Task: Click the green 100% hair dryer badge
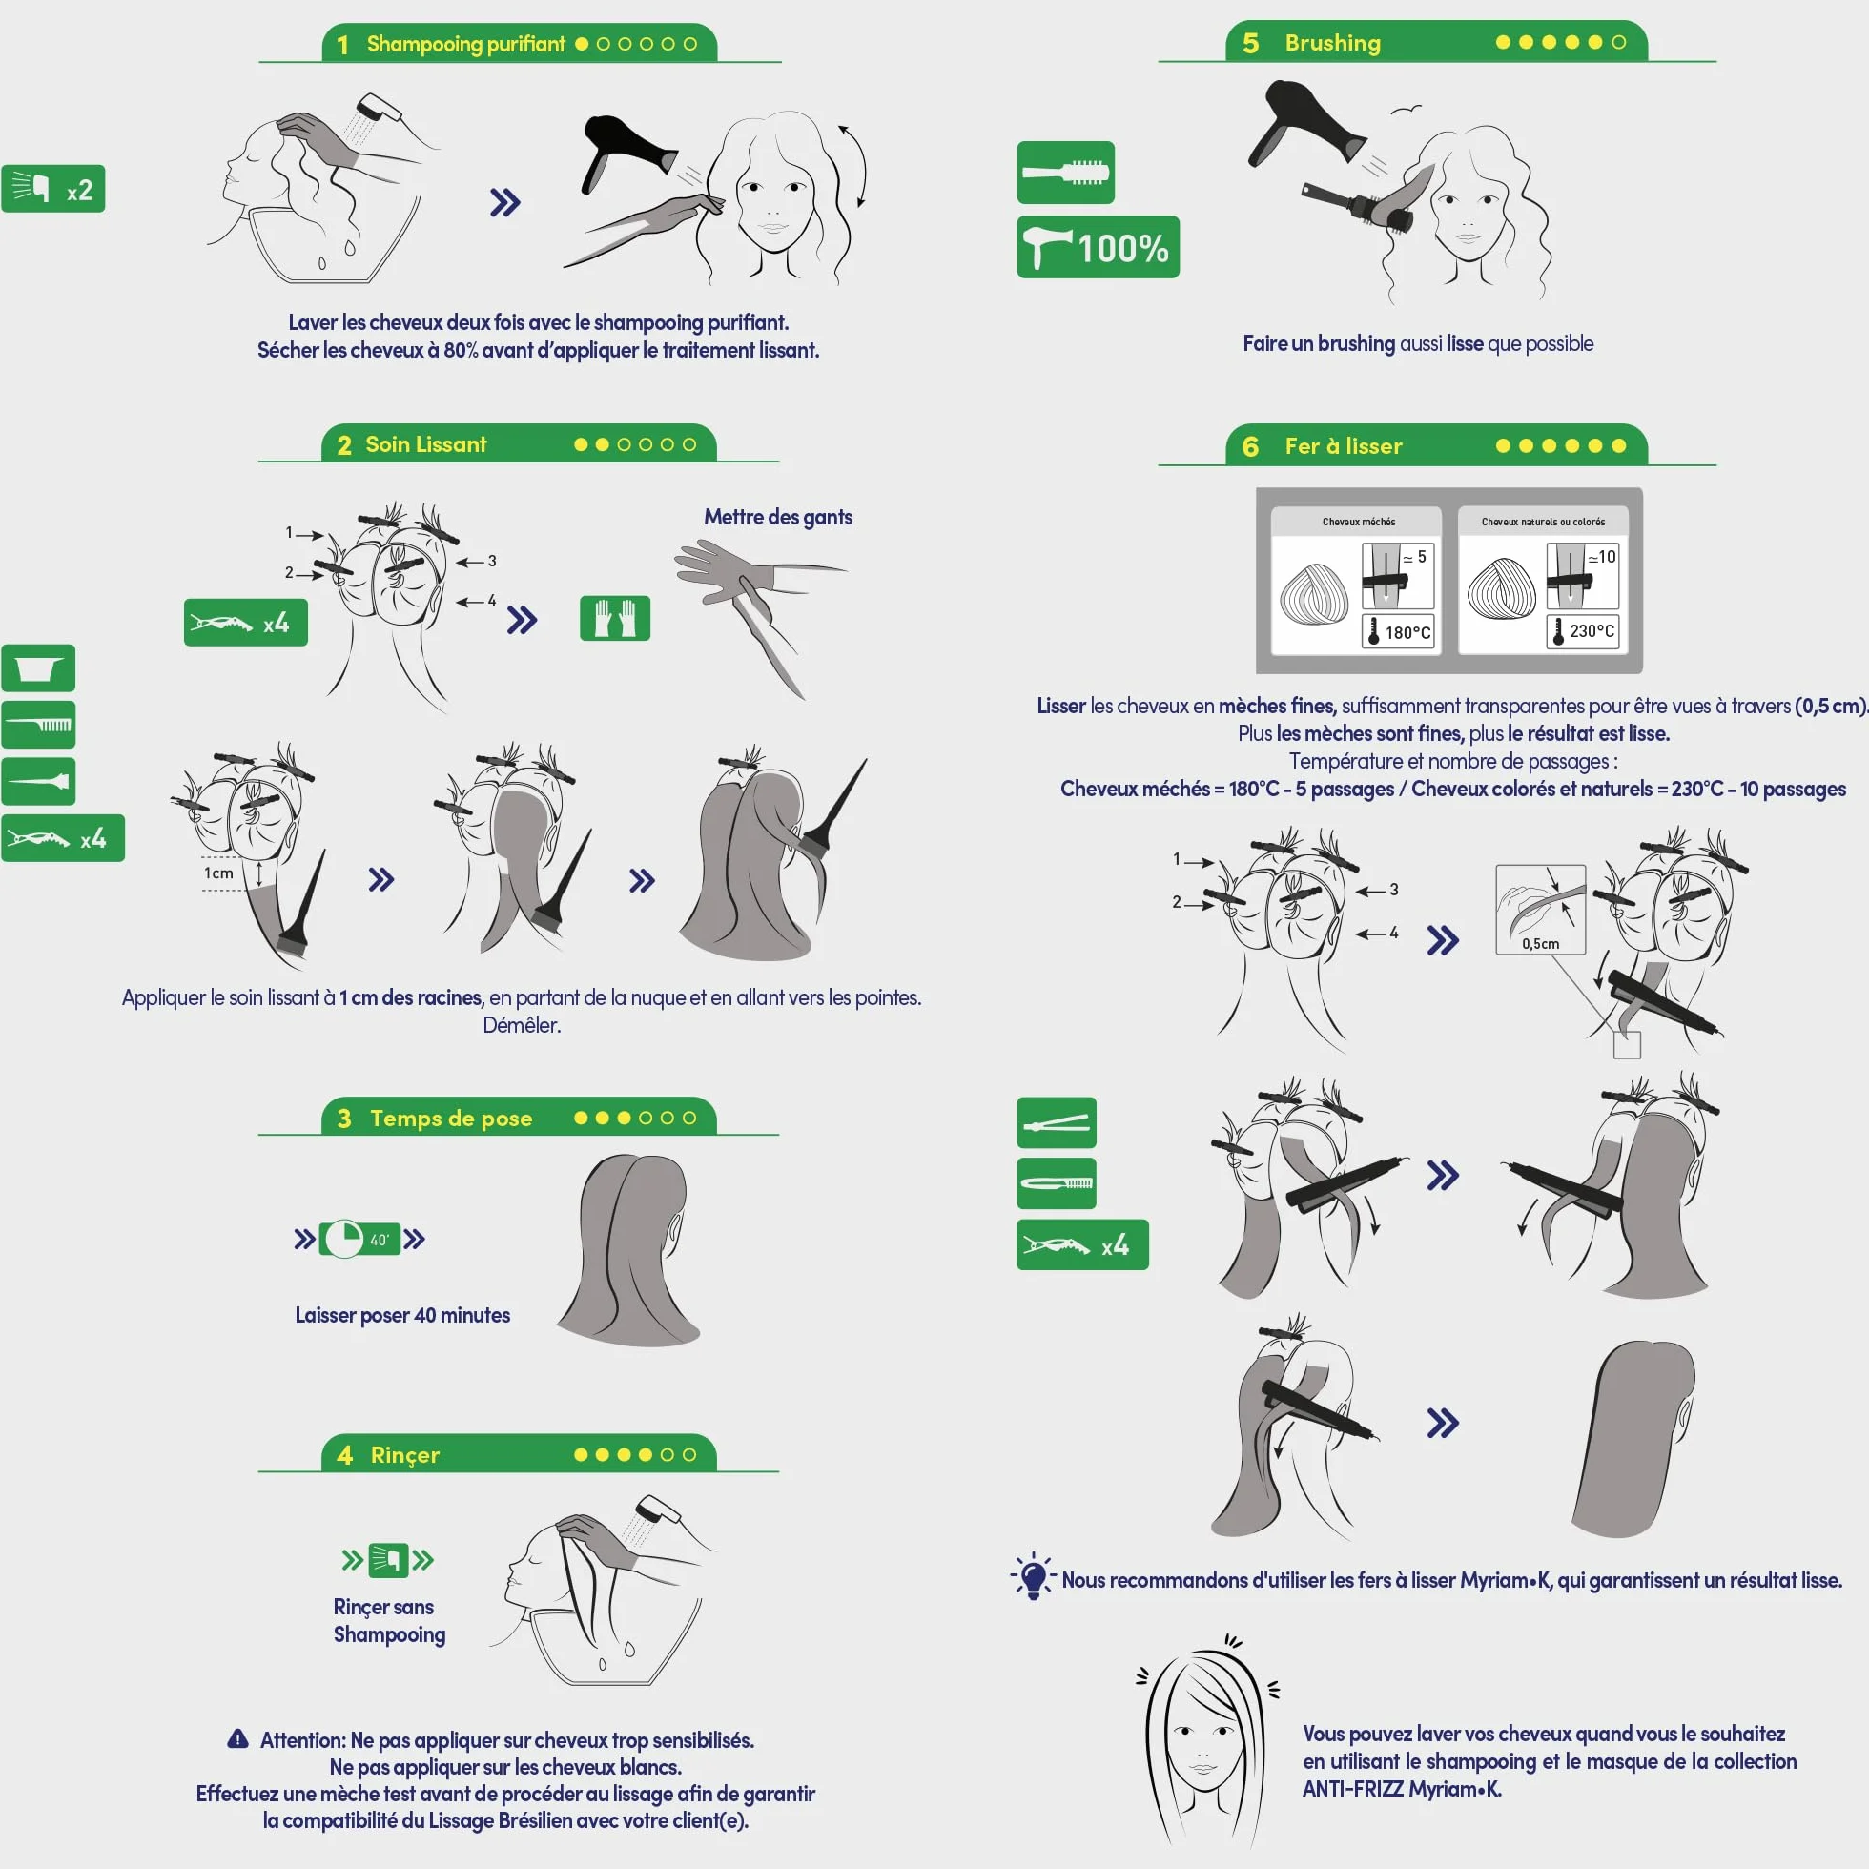coord(1098,247)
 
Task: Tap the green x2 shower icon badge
coord(53,189)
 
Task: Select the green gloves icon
coord(615,618)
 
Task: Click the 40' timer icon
coord(359,1240)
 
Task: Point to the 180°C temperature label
coord(1398,631)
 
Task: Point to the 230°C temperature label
coord(1583,630)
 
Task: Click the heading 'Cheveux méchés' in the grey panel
coord(1358,522)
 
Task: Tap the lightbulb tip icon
coord(1033,1577)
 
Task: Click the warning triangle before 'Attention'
coord(238,1738)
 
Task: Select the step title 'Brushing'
coord(1332,43)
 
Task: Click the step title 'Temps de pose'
coord(451,1119)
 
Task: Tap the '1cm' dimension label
coord(218,873)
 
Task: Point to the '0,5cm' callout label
coord(1540,943)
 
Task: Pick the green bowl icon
coord(39,668)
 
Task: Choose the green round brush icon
coord(1065,174)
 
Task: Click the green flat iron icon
coord(1057,1122)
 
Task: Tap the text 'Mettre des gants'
coord(778,517)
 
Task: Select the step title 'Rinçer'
coord(404,1455)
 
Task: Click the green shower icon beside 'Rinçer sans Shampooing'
coord(388,1559)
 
